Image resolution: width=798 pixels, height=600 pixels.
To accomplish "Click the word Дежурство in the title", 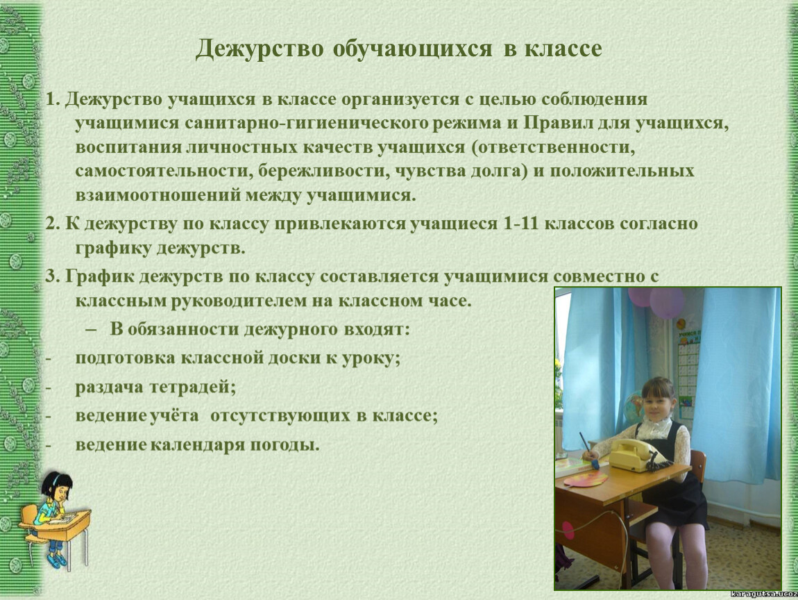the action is (260, 49).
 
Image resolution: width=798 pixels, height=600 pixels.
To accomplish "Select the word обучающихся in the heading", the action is (413, 49).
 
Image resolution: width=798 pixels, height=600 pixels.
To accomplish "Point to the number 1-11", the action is (520, 224).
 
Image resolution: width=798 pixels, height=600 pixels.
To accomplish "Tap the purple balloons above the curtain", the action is (656, 301).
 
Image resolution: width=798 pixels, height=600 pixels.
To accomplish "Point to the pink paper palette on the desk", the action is (586, 478).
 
